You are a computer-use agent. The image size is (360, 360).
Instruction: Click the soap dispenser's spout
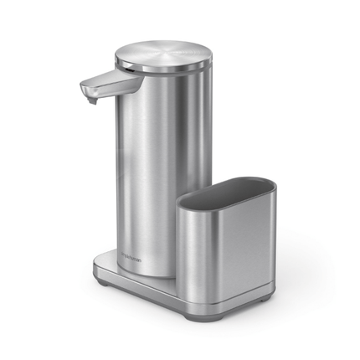tap(105, 85)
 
